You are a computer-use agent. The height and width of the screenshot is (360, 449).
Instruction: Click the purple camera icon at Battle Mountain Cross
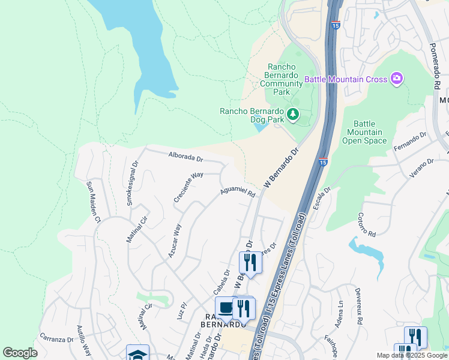click(x=396, y=79)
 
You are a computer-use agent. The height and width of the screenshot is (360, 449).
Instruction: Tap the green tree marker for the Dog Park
click(x=292, y=114)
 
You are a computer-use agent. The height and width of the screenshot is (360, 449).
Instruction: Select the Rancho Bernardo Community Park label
click(x=282, y=79)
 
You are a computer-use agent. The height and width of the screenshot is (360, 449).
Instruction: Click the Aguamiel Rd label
click(x=238, y=191)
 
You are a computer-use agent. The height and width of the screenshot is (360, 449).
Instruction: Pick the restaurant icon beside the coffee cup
click(x=243, y=308)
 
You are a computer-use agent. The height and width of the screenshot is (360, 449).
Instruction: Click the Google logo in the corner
click(x=20, y=353)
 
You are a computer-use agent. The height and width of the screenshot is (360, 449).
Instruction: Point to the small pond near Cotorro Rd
click(x=367, y=252)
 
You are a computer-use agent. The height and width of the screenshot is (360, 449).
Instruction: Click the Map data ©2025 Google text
click(x=411, y=355)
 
